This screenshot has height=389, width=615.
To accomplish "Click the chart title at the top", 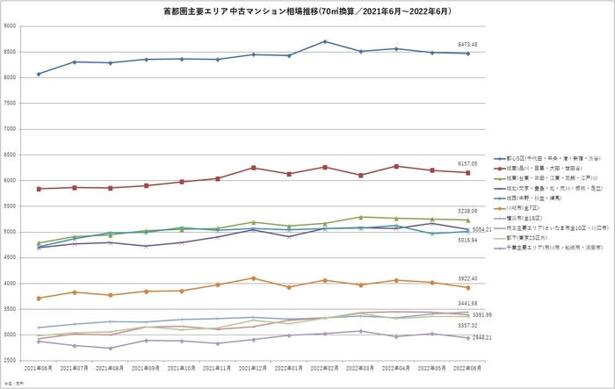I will [307, 10].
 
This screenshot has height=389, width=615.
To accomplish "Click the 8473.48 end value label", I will [467, 44].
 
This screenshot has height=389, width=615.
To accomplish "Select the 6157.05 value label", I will [467, 163].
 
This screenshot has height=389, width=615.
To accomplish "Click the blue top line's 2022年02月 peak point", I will [325, 41].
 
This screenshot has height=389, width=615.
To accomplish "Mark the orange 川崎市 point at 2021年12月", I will [253, 278].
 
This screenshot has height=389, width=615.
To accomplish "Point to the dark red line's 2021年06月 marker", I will [39, 189].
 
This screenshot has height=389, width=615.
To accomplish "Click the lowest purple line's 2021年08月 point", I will [110, 349].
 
